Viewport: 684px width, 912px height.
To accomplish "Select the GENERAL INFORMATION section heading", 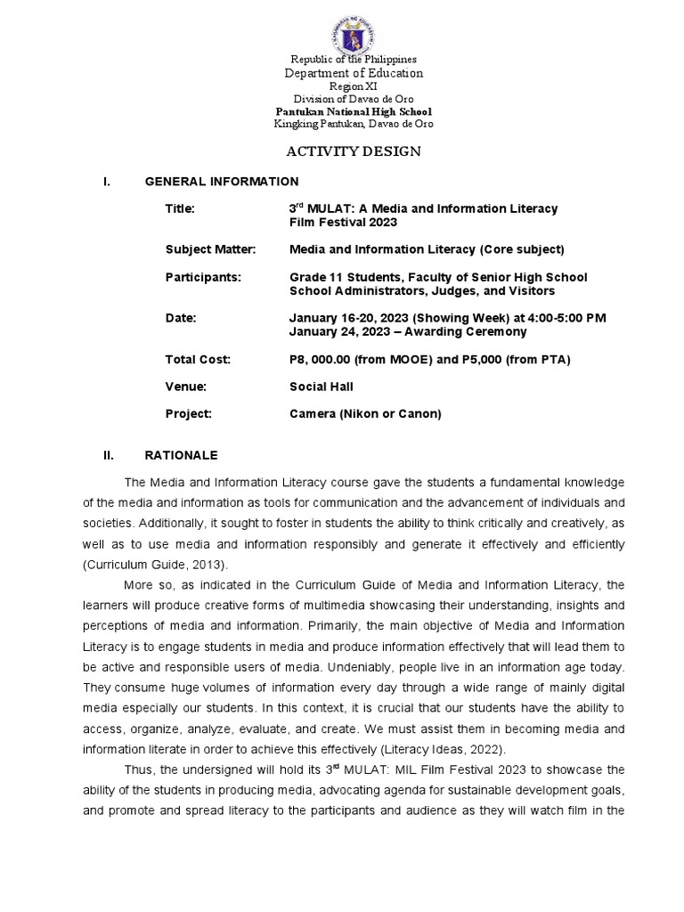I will [x=222, y=182].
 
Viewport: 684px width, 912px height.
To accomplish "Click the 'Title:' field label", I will [x=179, y=208].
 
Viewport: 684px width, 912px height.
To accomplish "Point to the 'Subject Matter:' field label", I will [x=210, y=249].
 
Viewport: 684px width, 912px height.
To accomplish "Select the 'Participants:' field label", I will [x=203, y=278].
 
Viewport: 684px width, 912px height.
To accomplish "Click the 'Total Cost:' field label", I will [x=198, y=359].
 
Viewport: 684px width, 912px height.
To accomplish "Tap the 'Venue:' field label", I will [x=185, y=387].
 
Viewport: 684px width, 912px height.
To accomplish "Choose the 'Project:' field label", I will [x=188, y=414].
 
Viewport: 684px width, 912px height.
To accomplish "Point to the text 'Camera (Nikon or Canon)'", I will [x=365, y=414].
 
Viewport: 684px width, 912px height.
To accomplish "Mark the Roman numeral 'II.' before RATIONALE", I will [x=109, y=455].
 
